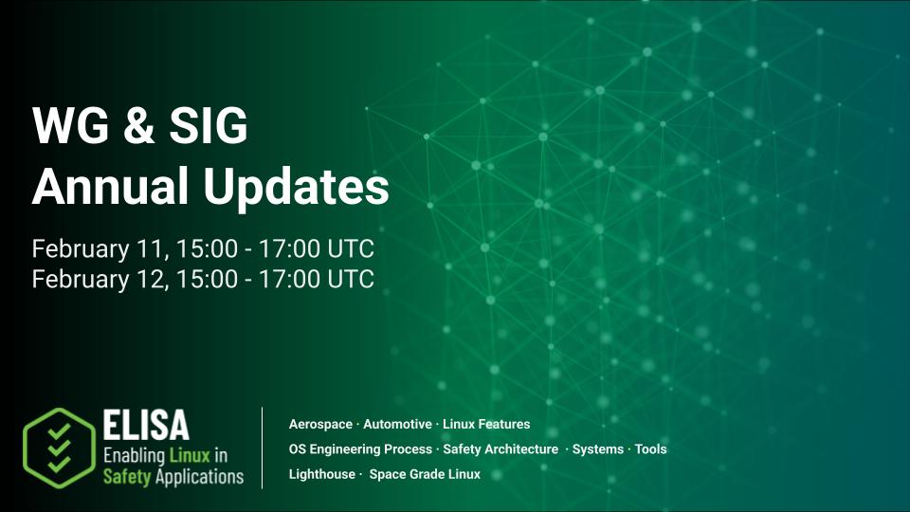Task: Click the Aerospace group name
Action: (x=320, y=424)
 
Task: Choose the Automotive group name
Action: (x=398, y=424)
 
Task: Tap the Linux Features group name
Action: (x=486, y=424)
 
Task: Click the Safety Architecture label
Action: (x=500, y=449)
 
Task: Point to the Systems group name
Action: (x=598, y=449)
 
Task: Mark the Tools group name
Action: (x=651, y=449)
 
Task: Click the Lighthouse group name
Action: (x=321, y=474)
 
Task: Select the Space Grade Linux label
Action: (x=425, y=474)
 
